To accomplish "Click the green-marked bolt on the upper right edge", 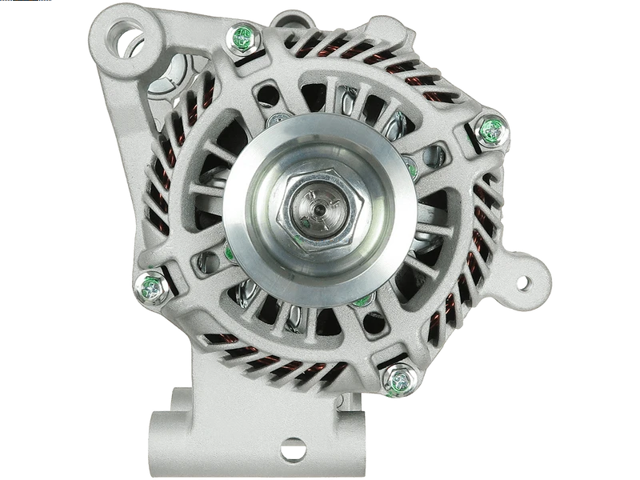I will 490,130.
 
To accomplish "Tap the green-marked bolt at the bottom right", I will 397,378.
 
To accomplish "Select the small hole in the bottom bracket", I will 293,447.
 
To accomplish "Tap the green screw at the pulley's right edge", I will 411,168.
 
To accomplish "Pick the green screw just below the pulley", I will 362,302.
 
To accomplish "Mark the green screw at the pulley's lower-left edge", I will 230,254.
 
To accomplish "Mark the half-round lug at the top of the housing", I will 292,18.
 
